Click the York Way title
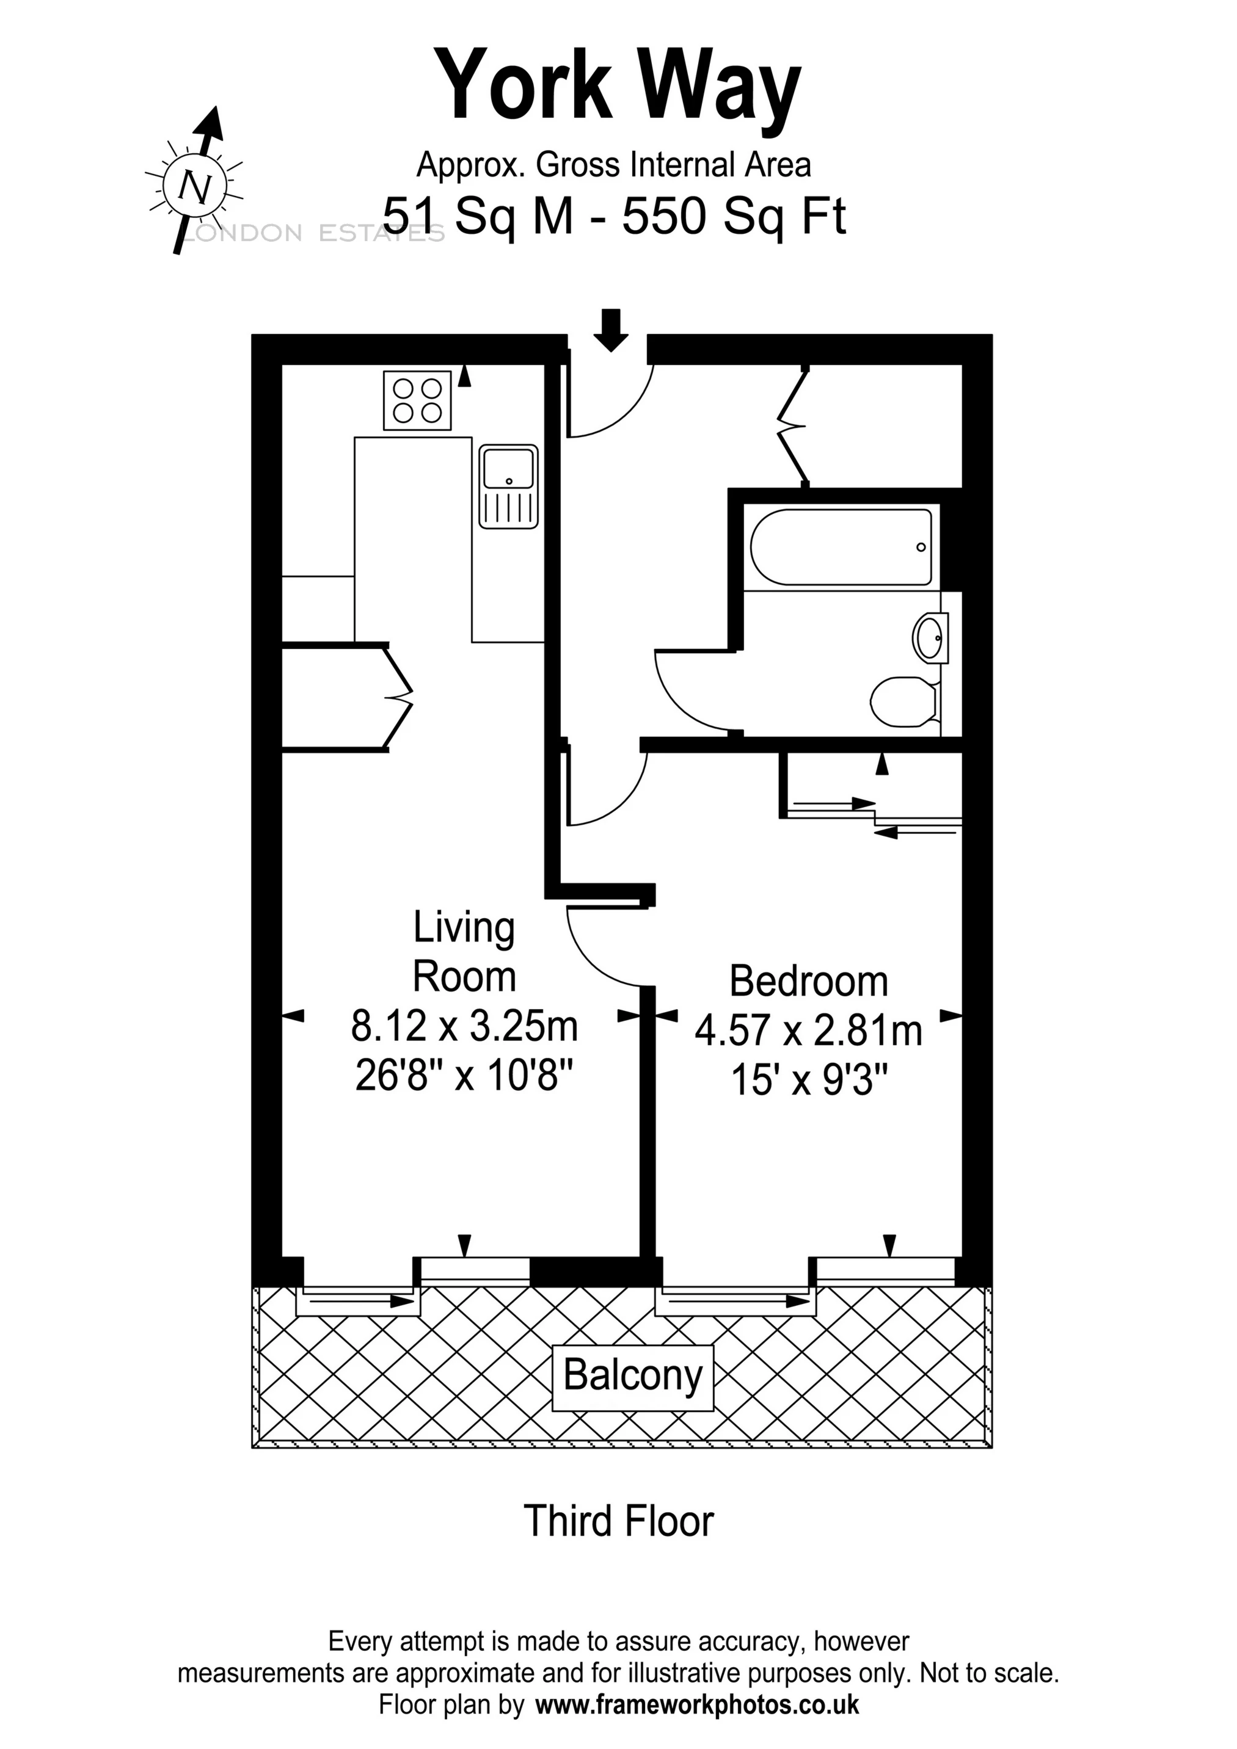tap(618, 85)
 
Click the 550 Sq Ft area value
tap(734, 216)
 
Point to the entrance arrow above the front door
tap(610, 329)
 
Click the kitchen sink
tap(508, 487)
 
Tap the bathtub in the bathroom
tap(841, 547)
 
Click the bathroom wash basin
tap(929, 637)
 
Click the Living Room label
tap(464, 952)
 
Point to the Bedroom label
tap(809, 981)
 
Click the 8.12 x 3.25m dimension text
tap(464, 1026)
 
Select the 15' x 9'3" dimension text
tap(809, 1079)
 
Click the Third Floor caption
tap(618, 1521)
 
